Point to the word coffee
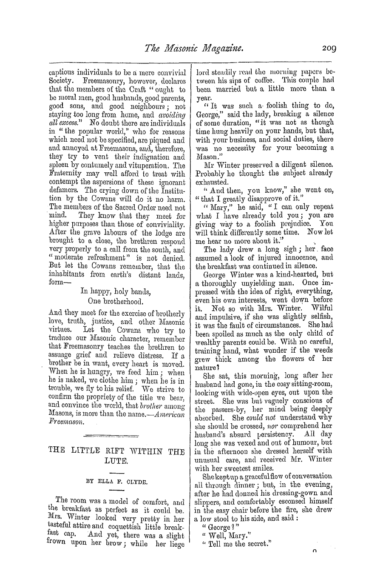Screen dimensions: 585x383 pos(270,80)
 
